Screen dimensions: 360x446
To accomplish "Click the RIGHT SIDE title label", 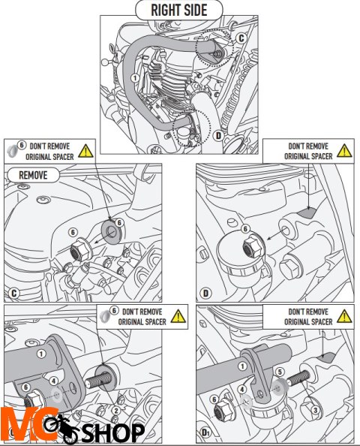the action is tap(179, 11).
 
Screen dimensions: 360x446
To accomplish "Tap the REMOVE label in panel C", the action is tap(33, 175).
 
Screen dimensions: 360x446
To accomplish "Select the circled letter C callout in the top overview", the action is tap(241, 38).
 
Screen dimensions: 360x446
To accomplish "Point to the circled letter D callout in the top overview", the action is tap(218, 136).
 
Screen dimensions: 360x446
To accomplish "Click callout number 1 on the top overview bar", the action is tap(135, 77).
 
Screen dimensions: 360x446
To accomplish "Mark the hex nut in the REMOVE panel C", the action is tap(79, 250).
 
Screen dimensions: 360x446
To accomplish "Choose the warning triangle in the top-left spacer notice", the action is tap(85, 152).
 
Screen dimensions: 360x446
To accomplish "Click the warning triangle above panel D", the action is tap(344, 151).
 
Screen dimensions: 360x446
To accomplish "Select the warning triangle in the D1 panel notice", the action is tap(344, 317).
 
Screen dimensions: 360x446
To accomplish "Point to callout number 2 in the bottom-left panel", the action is tap(116, 411).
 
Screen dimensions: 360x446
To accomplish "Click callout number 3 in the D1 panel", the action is tap(316, 410).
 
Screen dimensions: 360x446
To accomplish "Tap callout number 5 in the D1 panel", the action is tap(280, 372).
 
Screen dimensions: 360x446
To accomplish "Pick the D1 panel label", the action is tap(205, 432).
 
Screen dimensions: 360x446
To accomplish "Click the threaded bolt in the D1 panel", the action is tap(298, 378).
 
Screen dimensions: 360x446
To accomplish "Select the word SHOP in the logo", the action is tap(113, 433).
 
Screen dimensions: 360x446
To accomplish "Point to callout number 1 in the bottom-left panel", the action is tap(41, 354).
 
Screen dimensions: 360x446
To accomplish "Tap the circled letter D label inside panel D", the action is tap(205, 294).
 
